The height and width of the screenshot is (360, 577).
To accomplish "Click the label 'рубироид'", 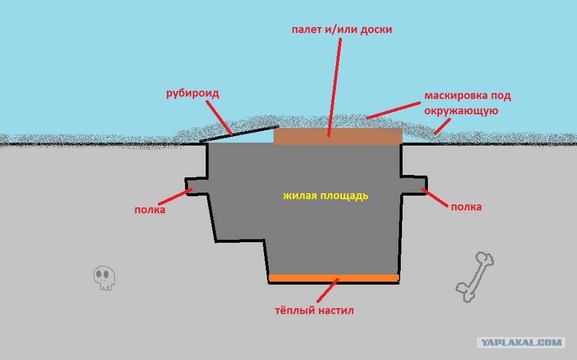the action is tap(193, 94).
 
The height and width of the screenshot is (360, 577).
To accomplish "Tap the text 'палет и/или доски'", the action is tap(342, 29).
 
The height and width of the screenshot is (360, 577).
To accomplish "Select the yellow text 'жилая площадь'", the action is tap(326, 196).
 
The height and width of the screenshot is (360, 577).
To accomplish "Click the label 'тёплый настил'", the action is tap(314, 311).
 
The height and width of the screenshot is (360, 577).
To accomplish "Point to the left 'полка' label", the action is tap(149, 210).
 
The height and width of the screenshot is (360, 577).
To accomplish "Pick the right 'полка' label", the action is tap(466, 207).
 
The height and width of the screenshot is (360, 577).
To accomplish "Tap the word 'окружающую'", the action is tap(461, 111).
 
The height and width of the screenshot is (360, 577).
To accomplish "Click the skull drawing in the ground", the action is tap(104, 278).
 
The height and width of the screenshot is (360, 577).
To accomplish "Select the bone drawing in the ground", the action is tap(474, 276).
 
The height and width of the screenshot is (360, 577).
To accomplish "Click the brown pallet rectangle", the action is tap(338, 136).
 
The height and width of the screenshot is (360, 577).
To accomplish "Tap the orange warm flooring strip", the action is tap(334, 278).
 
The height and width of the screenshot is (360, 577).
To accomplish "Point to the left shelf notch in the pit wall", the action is tap(197, 186).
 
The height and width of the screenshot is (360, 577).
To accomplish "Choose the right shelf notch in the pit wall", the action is tap(414, 185).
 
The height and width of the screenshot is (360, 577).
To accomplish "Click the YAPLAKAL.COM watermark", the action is tap(520, 343).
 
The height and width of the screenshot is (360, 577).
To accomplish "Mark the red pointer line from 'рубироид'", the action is tap(219, 118).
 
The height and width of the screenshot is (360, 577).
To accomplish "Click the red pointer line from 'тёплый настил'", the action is tap(328, 290).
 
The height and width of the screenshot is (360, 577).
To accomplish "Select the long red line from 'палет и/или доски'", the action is tap(335, 88).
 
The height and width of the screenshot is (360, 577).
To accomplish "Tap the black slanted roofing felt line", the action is tap(239, 134).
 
